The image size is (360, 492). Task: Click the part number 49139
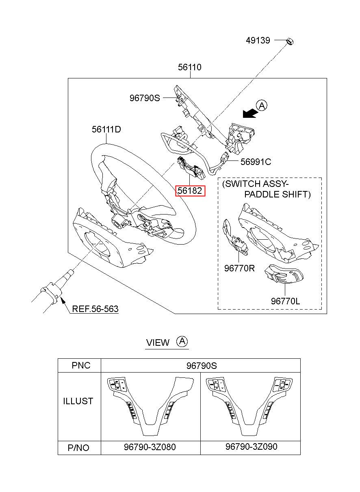coord(258,40)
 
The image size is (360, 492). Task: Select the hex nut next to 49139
coord(290,41)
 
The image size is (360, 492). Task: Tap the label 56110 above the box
coord(190,67)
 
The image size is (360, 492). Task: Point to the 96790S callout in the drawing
coord(145,98)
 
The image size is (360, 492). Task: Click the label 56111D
coord(106,129)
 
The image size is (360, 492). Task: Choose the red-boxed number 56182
coord(190,191)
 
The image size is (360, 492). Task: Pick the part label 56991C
coord(256,162)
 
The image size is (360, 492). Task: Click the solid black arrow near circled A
coord(250,113)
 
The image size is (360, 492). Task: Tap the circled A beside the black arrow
coord(262,106)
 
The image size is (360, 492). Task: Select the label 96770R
coord(239,268)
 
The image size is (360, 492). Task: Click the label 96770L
coord(285,301)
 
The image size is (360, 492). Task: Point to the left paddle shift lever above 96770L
coord(284,274)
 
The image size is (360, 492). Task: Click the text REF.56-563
coord(95,309)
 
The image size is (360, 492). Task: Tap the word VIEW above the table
coord(158,342)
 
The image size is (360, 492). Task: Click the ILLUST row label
coord(78,401)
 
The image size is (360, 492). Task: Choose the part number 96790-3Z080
coord(150,447)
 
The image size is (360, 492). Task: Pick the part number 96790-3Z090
coord(251,446)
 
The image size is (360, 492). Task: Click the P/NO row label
coord(78,448)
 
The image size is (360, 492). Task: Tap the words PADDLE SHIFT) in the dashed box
coord(278,194)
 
